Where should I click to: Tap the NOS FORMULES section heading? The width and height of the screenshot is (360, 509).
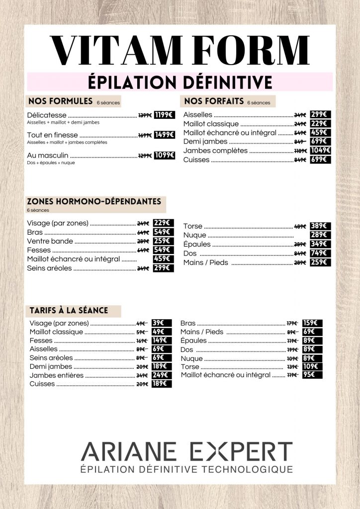click(x=61, y=101)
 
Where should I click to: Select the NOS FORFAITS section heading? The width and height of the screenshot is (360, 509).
click(x=214, y=101)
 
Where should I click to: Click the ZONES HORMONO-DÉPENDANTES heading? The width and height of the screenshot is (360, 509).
click(x=94, y=202)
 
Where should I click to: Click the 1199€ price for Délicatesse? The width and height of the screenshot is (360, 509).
click(x=164, y=115)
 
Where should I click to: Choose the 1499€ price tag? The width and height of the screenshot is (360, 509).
click(x=164, y=135)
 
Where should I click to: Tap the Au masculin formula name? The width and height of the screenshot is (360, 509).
click(x=48, y=156)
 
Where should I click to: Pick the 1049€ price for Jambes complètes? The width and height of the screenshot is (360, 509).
click(x=321, y=151)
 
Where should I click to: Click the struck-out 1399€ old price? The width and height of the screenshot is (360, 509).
click(x=145, y=115)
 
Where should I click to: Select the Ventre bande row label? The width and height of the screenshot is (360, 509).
click(x=50, y=241)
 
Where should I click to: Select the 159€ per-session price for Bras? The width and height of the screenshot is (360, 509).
click(x=312, y=323)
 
